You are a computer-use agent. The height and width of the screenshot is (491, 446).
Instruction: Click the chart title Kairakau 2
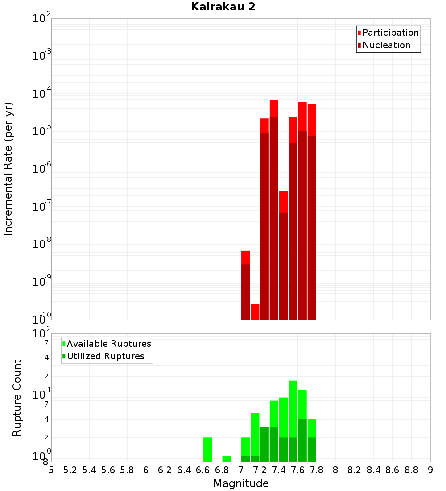click(223, 7)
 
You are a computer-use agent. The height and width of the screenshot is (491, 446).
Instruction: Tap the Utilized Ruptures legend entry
click(105, 356)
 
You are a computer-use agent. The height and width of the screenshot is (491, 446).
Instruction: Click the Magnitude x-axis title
click(241, 483)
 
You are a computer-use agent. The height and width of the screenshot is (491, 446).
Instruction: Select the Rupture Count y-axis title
click(17, 398)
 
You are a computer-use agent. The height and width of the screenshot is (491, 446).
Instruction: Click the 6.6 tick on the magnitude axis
click(202, 470)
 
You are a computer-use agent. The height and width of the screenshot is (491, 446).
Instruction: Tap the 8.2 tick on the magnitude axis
click(355, 470)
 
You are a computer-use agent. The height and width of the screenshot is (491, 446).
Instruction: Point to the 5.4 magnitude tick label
click(89, 470)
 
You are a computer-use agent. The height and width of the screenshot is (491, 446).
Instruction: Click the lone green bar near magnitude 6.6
click(207, 450)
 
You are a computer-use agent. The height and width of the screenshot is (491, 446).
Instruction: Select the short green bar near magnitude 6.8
click(227, 459)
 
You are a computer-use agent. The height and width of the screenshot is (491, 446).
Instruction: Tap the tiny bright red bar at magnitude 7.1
click(255, 312)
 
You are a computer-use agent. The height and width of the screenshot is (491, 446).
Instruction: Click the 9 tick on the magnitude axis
click(430, 470)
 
